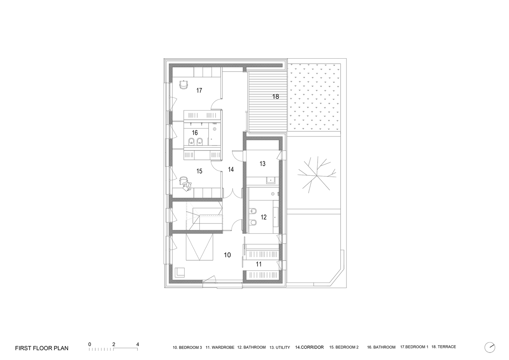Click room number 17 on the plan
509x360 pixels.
point(199,90)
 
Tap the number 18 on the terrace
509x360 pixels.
point(276,96)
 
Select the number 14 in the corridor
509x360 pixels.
point(231,169)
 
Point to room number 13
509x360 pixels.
point(262,164)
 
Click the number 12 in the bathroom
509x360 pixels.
point(264,217)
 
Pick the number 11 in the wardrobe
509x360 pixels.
point(259,264)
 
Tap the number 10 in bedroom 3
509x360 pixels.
point(227,255)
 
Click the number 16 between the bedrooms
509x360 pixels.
point(195,133)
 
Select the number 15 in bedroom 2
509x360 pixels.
point(199,171)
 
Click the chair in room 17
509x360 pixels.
point(184,85)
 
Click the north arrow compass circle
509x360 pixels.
point(490,347)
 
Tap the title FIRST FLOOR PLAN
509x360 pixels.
point(42,348)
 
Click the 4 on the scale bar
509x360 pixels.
point(138,344)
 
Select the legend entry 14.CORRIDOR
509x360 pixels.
point(309,347)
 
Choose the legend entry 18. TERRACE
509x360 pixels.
point(444,347)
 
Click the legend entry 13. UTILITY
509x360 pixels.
point(280,347)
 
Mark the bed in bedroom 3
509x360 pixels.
point(200,247)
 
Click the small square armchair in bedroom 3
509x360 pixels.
point(179,272)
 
